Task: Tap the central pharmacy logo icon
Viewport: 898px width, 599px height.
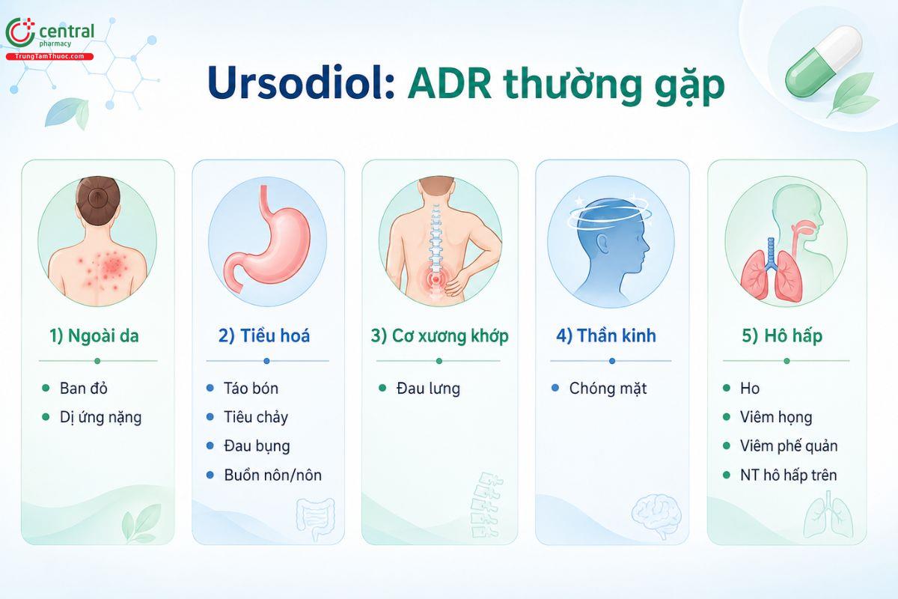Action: click(x=20, y=32)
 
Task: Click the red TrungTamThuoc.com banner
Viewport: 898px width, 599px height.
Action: click(x=49, y=57)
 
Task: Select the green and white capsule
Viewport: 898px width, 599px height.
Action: click(x=823, y=61)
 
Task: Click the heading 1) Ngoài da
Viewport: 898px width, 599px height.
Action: click(x=94, y=335)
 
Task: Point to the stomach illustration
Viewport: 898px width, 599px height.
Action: click(x=266, y=238)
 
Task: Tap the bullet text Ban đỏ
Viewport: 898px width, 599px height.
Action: click(x=83, y=389)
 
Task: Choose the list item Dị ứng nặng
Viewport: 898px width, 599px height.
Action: click(x=100, y=418)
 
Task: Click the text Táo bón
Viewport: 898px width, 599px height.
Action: click(x=251, y=389)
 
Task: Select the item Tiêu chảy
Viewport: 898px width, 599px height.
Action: click(x=256, y=418)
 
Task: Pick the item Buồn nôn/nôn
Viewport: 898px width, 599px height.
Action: click(x=273, y=475)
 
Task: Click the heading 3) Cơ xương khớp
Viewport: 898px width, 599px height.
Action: click(x=440, y=335)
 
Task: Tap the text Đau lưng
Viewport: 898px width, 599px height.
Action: click(x=428, y=389)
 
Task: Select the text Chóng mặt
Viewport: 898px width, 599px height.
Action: click(x=608, y=389)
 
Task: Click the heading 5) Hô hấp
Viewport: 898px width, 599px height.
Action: click(x=782, y=335)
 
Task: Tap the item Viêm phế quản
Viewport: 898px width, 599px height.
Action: click(x=789, y=446)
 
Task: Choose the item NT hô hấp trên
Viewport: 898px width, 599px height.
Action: click(x=789, y=475)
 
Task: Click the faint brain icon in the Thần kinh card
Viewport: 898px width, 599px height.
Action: click(x=657, y=517)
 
